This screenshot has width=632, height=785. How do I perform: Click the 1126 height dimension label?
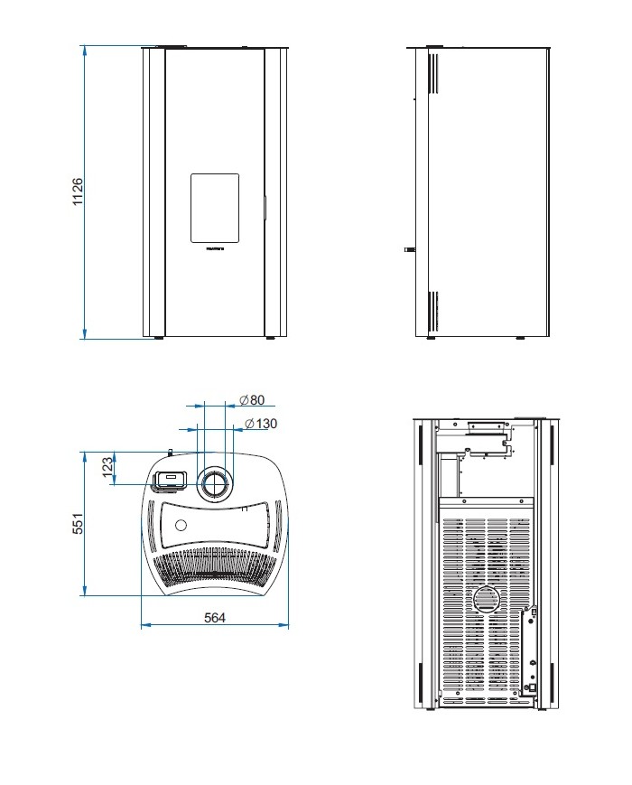point(78,192)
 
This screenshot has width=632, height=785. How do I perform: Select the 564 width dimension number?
point(214,617)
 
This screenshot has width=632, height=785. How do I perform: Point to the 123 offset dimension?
point(107,466)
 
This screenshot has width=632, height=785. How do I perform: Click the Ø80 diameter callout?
point(252,400)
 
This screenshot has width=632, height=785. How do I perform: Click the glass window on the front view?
point(215,208)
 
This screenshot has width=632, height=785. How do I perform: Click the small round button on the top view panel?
point(181,525)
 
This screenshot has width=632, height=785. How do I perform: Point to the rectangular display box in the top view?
point(169,480)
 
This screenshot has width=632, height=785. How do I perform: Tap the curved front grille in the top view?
point(215,569)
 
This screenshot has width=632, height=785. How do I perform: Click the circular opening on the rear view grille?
point(486,598)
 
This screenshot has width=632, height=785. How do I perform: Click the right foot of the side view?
point(519,339)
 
